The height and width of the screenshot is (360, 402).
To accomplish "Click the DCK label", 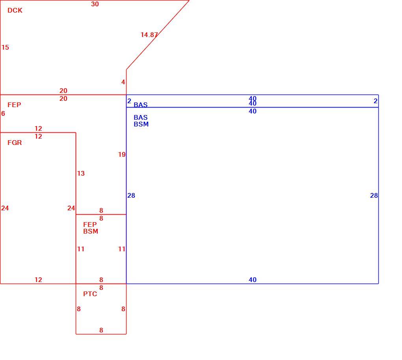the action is (x=15, y=11).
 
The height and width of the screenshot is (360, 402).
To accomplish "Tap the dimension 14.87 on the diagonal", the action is (x=149, y=35).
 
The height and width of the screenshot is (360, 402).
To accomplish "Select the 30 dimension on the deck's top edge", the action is (x=95, y=4).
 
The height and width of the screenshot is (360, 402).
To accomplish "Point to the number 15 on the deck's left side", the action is (x=5, y=47).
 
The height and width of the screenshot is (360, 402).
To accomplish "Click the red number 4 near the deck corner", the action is (x=123, y=82).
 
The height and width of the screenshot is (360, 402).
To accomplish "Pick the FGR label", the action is (x=15, y=143).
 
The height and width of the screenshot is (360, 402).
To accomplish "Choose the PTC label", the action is (x=90, y=294).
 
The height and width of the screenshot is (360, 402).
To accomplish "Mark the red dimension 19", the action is (x=122, y=154).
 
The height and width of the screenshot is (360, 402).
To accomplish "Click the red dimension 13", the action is (x=81, y=173).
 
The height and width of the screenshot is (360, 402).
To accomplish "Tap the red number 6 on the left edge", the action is (x=3, y=113).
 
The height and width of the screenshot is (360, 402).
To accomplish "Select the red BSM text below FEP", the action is (x=91, y=231).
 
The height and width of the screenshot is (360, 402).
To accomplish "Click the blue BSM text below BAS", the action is (x=141, y=124).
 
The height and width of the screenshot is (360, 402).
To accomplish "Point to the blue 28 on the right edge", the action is (x=374, y=195).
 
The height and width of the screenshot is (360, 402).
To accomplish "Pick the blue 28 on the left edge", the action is (x=131, y=195).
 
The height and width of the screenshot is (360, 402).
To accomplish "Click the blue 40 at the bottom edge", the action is (x=253, y=280).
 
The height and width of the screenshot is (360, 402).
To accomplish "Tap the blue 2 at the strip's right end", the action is (x=376, y=101).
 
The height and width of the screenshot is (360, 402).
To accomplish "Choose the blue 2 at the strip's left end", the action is (x=129, y=101).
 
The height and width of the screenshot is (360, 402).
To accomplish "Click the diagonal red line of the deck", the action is (x=158, y=35).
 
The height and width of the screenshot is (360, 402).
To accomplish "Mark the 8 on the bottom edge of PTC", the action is (x=101, y=330).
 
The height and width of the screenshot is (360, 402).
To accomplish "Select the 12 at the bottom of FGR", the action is (x=39, y=280).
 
